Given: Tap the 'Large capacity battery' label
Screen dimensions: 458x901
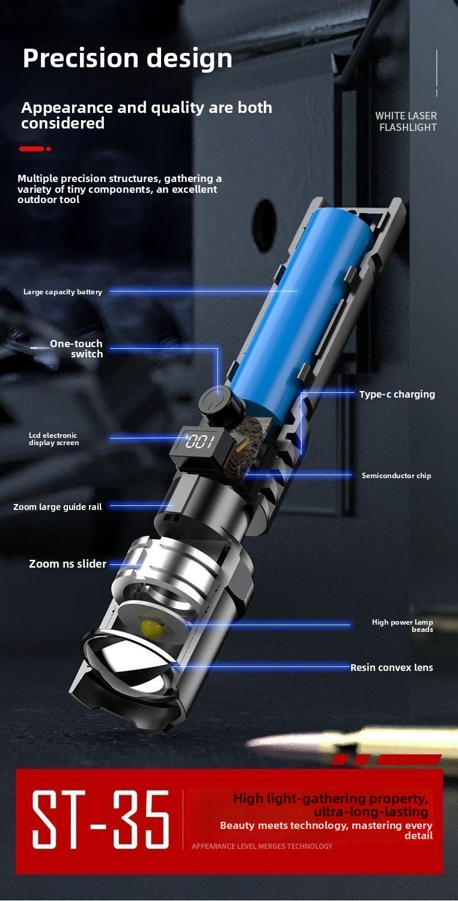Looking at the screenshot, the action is [x=63, y=292].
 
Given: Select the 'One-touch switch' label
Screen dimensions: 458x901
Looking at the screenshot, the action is [x=76, y=349].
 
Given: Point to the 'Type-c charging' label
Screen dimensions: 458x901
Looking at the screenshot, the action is [x=397, y=394].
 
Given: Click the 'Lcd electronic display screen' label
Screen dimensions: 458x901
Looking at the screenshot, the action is [x=53, y=439].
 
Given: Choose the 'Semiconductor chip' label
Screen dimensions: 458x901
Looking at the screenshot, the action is [x=396, y=476].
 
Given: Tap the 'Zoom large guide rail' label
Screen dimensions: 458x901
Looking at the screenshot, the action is [x=58, y=507].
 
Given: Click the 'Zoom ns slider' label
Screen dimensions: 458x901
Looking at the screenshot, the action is [x=67, y=564].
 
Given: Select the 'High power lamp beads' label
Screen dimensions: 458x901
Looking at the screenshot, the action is [x=403, y=625].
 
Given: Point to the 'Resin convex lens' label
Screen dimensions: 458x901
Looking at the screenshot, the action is [x=392, y=668].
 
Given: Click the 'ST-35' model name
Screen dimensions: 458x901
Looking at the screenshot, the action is [x=100, y=819].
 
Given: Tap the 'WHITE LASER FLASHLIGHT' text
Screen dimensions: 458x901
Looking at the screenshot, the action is [x=406, y=121].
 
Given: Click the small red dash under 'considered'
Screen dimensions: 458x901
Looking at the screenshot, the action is [x=32, y=149].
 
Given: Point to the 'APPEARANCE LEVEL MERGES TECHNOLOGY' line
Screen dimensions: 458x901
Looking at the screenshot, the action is [x=262, y=846].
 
